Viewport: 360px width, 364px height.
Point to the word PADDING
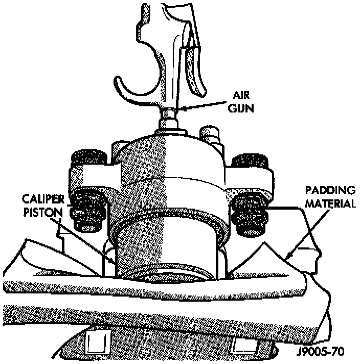(x=330, y=191)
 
